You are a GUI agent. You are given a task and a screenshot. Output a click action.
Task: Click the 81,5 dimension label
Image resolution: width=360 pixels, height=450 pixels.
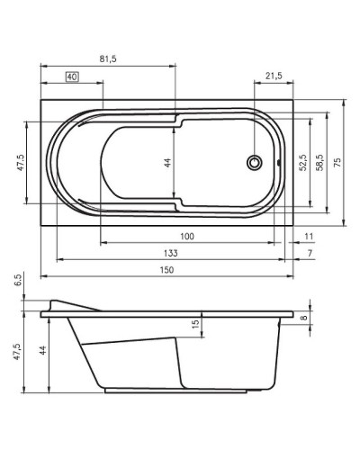[108, 58]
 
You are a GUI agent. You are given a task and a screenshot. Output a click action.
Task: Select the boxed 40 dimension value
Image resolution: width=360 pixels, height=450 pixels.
[73, 79]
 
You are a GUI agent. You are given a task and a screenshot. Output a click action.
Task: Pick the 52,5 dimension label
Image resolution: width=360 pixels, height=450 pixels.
[302, 161]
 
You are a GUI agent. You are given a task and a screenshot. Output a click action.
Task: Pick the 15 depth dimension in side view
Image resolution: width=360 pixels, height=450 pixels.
[194, 324]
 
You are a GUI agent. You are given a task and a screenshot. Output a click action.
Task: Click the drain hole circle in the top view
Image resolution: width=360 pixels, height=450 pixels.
[256, 163]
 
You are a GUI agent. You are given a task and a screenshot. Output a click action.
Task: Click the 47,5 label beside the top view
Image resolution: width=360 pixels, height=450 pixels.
[19, 162]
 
